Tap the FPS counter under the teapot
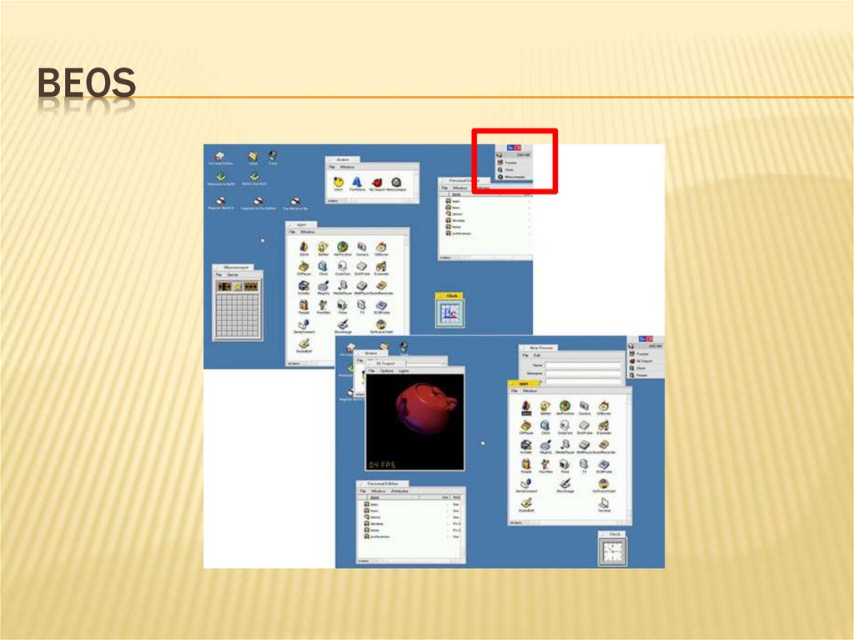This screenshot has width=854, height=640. [x=384, y=464]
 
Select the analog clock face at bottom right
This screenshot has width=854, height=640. [x=613, y=552]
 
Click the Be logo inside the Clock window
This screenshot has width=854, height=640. [x=450, y=314]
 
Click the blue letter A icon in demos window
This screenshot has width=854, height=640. [x=356, y=181]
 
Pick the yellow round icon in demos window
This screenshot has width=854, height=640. [x=339, y=181]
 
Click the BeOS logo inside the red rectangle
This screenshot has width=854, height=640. [x=514, y=147]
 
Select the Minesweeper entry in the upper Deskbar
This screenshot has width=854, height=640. [x=514, y=177]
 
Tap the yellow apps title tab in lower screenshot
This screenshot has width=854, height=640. [x=524, y=383]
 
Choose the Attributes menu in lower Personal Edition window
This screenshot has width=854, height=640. [x=399, y=491]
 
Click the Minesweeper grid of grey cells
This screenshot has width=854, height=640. [x=238, y=315]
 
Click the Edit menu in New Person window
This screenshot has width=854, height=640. [x=538, y=355]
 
